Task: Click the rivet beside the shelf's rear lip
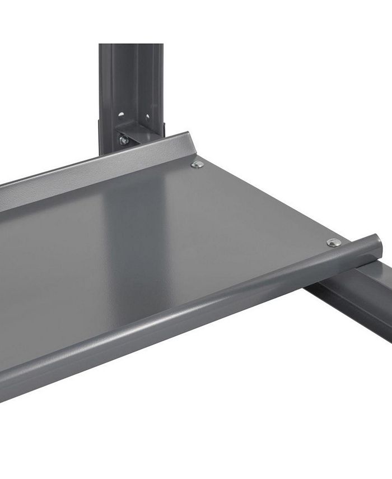197,164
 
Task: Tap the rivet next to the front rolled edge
334,242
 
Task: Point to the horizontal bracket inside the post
137,135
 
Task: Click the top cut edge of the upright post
131,45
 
